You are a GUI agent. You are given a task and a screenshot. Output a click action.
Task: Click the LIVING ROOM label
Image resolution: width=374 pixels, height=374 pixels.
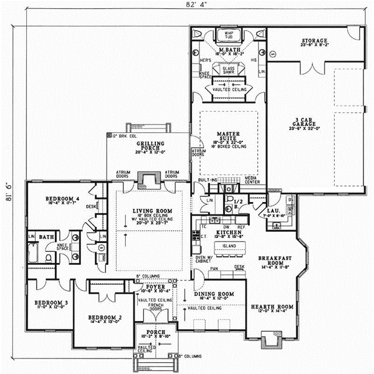[148, 211]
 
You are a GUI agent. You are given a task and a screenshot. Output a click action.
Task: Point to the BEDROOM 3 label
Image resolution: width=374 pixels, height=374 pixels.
[47, 303]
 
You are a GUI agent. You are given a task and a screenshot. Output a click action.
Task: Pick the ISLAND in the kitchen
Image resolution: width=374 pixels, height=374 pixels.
[228, 246]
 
